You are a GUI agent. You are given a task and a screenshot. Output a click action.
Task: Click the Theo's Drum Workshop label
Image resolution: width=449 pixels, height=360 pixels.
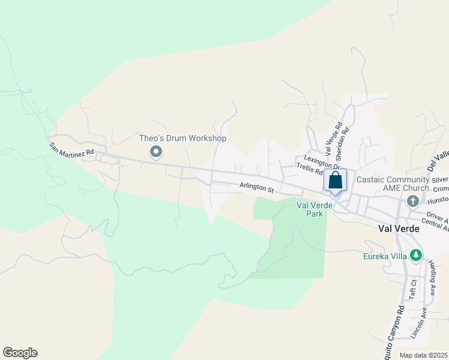[182, 138]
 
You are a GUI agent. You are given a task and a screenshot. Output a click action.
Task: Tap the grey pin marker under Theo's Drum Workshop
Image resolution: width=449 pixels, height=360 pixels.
[156, 152]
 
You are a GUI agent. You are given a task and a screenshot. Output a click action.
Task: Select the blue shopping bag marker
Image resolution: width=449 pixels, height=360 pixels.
[335, 180]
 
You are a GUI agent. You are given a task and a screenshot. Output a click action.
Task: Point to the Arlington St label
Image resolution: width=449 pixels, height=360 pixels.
[256, 187]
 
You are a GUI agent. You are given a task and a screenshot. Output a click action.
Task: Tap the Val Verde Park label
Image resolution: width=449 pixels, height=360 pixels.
[310, 209]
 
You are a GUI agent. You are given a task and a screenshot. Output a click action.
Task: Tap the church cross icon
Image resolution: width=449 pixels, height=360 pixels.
[412, 201]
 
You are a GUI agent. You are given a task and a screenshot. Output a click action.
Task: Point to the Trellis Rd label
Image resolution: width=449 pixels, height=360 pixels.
[310, 170]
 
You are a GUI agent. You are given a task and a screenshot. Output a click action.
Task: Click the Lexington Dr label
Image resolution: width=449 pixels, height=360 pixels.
[322, 163]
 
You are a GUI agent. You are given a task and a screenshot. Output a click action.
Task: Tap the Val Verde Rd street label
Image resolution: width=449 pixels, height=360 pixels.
[339, 137]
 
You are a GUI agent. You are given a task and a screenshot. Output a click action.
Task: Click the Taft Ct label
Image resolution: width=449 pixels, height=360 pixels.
[412, 289]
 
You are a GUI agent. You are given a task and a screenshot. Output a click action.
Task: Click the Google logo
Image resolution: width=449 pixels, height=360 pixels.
[20, 353]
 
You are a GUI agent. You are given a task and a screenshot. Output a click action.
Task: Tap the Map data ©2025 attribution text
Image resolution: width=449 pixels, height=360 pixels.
[423, 355]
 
